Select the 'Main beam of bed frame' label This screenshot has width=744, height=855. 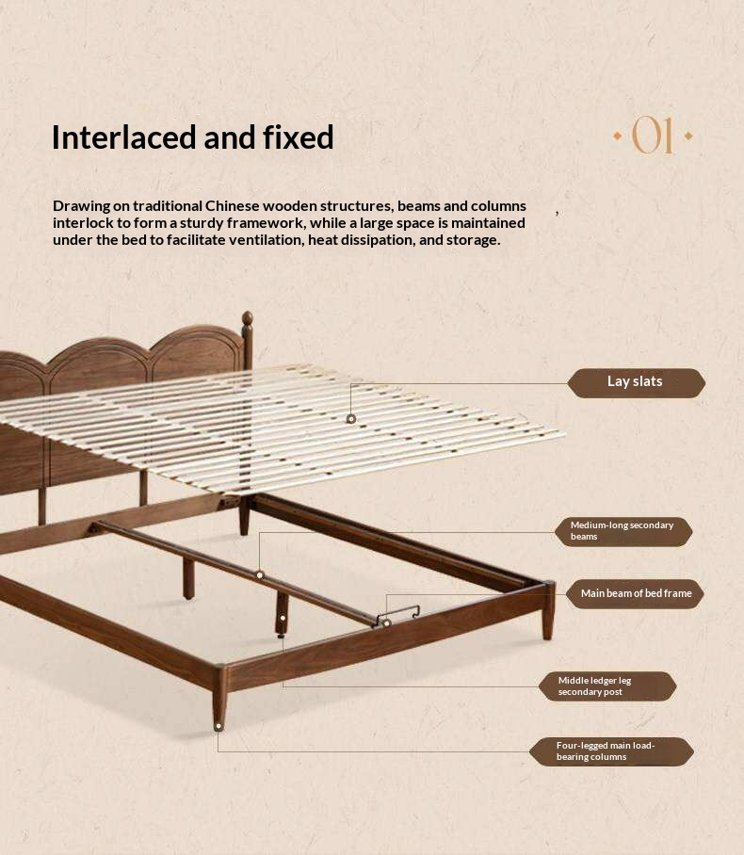click(x=635, y=594)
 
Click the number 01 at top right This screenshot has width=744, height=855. click(x=653, y=136)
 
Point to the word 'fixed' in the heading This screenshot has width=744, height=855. click(x=299, y=137)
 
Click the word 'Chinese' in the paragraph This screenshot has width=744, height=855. click(x=232, y=206)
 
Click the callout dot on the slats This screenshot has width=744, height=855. click(x=351, y=419)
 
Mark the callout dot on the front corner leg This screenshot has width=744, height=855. click(x=218, y=726)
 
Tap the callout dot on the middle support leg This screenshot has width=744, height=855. click(x=283, y=618)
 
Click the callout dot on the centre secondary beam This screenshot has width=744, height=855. click(x=260, y=574)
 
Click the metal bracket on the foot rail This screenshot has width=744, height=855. click(x=398, y=615)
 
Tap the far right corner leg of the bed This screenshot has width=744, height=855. click(x=548, y=611)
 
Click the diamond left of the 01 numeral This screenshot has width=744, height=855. click(x=618, y=136)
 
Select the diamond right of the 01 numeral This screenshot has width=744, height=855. click(x=688, y=136)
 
